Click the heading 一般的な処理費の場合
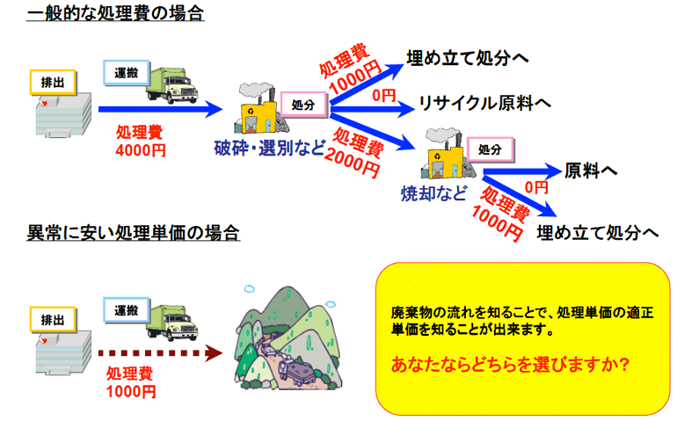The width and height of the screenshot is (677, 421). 115,13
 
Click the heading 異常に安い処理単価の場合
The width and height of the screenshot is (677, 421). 133,233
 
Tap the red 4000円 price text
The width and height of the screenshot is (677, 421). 141,150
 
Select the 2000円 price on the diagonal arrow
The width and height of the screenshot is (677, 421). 352,163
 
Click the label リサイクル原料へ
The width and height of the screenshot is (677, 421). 485,103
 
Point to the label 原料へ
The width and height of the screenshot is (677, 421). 591,171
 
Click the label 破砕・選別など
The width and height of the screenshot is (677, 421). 269,149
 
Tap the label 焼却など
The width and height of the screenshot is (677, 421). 434,193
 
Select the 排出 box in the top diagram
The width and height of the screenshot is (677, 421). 53,82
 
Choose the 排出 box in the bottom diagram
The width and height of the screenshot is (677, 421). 53,320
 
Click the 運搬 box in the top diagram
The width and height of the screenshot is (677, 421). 126,73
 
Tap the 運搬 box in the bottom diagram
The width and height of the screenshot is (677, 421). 126,310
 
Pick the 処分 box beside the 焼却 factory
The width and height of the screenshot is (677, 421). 490,149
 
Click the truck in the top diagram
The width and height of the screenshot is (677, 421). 171,85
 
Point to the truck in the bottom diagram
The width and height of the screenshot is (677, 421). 171,323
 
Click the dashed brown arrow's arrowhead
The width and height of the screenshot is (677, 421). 214,352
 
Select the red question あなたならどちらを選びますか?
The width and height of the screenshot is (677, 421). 510,365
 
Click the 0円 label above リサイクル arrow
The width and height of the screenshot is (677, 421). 384,96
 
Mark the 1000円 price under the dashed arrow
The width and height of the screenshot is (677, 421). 131,391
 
